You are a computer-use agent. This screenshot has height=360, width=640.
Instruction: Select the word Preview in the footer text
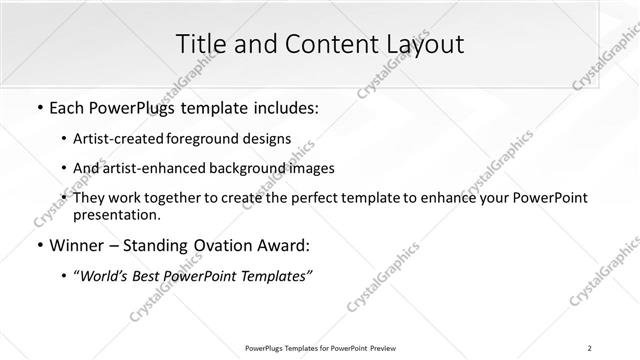coord(382,348)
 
